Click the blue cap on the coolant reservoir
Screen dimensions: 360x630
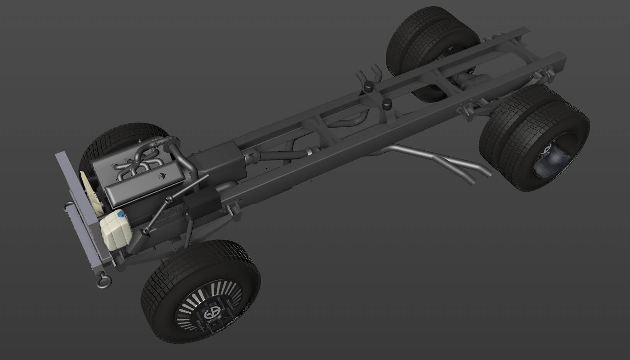pos(121,213)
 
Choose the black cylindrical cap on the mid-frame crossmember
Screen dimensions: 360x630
pos(386,104)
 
